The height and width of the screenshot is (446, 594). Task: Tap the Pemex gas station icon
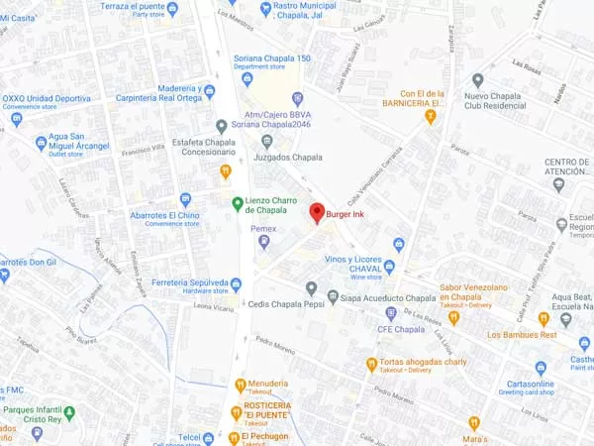[x=264, y=244]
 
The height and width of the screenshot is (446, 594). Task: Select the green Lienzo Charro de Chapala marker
[x=238, y=203]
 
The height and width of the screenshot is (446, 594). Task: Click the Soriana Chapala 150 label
[x=272, y=58]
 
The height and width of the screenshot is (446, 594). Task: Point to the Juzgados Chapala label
[x=289, y=158]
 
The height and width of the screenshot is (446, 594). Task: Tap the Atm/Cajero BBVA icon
[x=297, y=98]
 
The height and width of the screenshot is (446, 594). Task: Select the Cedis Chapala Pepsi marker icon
[x=311, y=288]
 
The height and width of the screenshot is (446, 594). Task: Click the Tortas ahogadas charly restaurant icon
[x=371, y=364]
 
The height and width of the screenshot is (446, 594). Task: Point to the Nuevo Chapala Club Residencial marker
[x=478, y=80]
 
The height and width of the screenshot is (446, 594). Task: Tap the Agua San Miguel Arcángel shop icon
[x=41, y=143]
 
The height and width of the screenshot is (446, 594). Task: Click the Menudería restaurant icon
[x=239, y=384]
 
